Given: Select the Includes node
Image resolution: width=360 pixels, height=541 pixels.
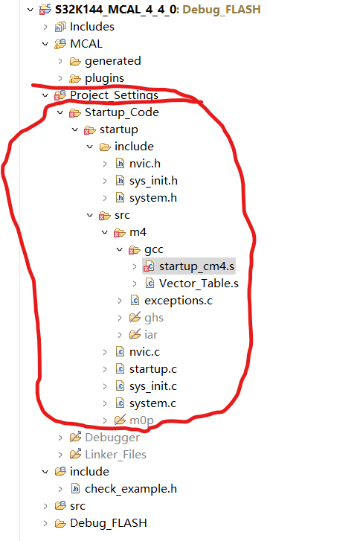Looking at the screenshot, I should tap(91, 27).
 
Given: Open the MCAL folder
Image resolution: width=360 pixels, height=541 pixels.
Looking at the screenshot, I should tap(86, 44).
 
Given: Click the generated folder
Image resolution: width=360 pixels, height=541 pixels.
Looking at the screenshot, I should tap(112, 61).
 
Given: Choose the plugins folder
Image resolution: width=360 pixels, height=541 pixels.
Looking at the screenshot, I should tap(104, 78).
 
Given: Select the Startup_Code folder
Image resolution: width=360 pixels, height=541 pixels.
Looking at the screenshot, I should tap(121, 112).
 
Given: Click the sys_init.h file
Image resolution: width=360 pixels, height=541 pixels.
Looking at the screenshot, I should tap(153, 181).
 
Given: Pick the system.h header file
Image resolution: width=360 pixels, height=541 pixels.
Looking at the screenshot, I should tap(152, 198).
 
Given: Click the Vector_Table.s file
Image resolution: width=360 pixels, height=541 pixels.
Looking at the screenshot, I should tap(198, 284).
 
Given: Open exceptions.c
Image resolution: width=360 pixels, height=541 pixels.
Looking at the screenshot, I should tap(178, 301).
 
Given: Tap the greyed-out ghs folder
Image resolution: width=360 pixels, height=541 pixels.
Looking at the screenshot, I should tap(153, 318).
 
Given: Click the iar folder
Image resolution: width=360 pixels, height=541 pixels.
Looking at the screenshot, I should tap(150, 335).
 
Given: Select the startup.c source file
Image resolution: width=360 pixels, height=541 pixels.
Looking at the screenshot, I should tap(152, 369).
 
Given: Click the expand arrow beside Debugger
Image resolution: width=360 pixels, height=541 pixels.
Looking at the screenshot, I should tap(60, 438).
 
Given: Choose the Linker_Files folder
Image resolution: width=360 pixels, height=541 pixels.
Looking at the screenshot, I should tap(115, 455).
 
